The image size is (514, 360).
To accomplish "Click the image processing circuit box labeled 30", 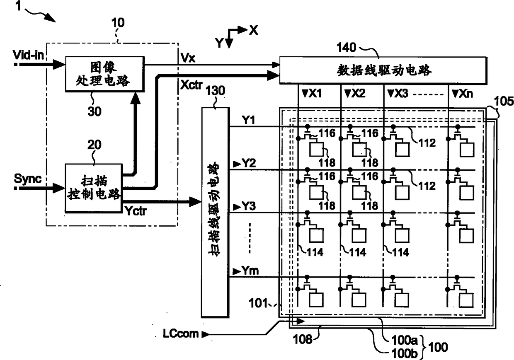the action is pos(105,74).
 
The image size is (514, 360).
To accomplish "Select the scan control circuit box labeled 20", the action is pos(94,188).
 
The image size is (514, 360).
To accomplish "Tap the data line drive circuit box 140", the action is pos(383,70).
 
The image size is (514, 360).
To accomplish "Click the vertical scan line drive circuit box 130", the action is pos(216,213).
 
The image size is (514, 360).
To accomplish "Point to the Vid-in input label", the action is pos(28,55).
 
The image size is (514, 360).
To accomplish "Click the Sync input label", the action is pos(27,179).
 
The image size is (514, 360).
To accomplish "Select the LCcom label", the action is pos(181,333).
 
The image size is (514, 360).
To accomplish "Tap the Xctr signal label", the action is pos(192,85).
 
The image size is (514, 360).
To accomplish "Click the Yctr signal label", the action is pos(136,210).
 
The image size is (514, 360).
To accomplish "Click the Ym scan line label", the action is pos(250,271).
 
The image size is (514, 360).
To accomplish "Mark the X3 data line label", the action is pos(401,94).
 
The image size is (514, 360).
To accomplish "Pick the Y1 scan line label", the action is pos(248,120).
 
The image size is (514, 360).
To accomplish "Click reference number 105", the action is pos(504,101).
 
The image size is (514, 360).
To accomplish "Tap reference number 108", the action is pos(303,339).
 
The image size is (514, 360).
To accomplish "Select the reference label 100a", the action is pos(404,340).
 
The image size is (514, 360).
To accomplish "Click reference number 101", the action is pos(258,303).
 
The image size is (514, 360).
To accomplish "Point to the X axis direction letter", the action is pos(254,30).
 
